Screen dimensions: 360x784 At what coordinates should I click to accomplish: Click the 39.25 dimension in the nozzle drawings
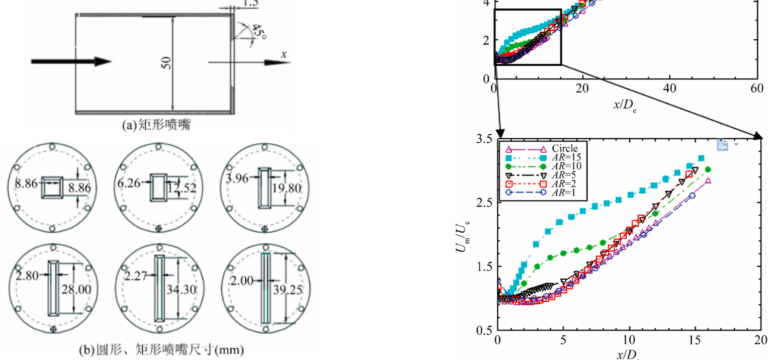point(287,289)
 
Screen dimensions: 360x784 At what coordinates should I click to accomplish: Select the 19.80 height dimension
point(287,188)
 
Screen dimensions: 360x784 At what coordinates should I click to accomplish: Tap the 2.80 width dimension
point(27,275)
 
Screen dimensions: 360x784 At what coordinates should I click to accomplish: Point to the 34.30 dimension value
point(181,289)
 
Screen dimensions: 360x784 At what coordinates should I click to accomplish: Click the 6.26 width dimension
point(128,183)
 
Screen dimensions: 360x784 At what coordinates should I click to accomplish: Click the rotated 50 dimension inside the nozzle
point(166,63)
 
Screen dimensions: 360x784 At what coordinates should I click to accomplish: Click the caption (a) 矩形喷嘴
point(156,124)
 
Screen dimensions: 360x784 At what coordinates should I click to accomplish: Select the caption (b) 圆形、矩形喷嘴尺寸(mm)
point(161,350)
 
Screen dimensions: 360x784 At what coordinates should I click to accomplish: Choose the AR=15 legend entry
point(566,157)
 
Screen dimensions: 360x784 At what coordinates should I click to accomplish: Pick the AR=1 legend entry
point(564,192)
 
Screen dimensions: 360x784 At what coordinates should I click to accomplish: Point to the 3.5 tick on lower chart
point(484,138)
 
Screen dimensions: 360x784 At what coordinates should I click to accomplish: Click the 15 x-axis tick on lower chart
point(694,340)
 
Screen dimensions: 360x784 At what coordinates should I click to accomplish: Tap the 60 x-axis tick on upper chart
point(757,89)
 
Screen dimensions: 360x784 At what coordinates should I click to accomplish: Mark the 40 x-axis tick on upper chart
point(670,89)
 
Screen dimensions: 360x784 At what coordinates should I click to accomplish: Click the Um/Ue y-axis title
point(462,236)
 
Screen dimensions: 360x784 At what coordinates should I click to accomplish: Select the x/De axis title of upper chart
point(624,105)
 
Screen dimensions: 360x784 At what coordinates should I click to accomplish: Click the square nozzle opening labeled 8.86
point(52,187)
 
